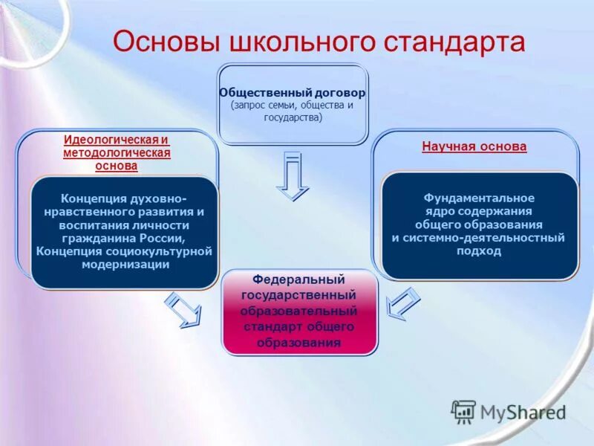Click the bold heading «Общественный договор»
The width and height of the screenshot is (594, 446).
[x=293, y=93]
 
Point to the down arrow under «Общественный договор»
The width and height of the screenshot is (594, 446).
[x=293, y=176]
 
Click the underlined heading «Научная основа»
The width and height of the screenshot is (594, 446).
[x=474, y=146]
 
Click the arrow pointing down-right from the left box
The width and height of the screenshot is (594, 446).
[x=183, y=309]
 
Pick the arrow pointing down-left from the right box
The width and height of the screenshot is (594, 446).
[x=403, y=304]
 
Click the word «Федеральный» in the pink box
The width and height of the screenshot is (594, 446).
[x=298, y=279]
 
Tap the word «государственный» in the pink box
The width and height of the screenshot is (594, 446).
[x=298, y=295]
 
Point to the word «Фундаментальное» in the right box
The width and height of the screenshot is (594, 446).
[x=479, y=198]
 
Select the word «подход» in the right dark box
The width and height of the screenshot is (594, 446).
[x=479, y=251]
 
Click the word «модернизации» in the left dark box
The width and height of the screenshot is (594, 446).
[x=125, y=265]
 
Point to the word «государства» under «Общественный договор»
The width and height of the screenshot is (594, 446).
[x=293, y=117]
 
